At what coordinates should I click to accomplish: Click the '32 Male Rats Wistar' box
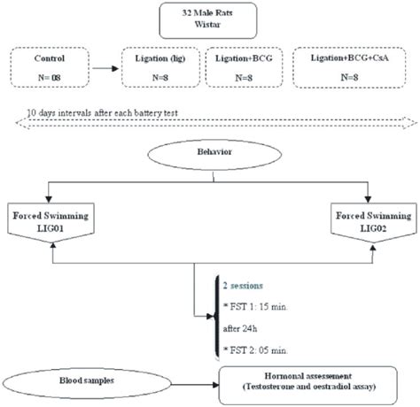coord(208,20)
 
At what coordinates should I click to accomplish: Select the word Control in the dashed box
coord(50,58)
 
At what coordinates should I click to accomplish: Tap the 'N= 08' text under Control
coord(50,78)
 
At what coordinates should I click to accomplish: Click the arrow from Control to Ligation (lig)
coord(105,69)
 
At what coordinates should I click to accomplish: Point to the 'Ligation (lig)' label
coord(160,58)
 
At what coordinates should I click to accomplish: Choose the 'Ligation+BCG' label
coord(244,58)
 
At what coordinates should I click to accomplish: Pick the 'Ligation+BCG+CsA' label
coord(349,58)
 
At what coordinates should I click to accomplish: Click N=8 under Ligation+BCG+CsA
coord(349,77)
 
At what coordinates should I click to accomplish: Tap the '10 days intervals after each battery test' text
coord(103,113)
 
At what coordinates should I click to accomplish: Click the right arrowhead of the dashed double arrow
coord(413,123)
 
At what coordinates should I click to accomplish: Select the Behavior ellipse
coord(214,155)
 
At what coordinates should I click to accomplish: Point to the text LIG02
coord(373,228)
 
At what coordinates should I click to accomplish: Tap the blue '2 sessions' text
coord(243,286)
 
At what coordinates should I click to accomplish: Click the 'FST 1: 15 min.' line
coord(255,307)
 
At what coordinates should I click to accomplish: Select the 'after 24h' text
coord(240,328)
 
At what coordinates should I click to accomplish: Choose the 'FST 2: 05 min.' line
coord(255,350)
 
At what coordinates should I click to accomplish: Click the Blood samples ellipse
coord(87,383)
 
